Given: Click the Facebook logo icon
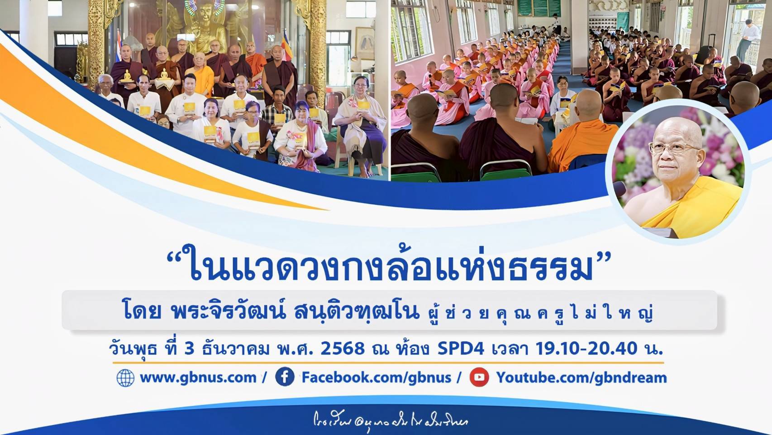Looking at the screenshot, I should [x=285, y=377].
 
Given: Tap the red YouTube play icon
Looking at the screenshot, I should [x=479, y=377].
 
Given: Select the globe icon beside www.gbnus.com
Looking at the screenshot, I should [x=125, y=377].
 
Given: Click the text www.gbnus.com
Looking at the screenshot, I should [x=198, y=377].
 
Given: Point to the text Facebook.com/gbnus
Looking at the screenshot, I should [x=376, y=377].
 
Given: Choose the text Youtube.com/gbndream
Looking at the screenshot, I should [x=581, y=377].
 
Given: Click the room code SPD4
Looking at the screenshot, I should [x=461, y=348].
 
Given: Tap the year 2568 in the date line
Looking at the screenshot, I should [x=343, y=348].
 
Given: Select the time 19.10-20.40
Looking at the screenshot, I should [x=586, y=348].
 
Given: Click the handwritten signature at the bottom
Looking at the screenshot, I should [x=391, y=421].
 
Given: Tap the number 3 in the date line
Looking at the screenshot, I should [x=189, y=348].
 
